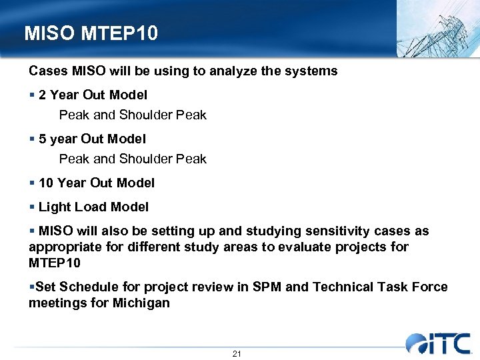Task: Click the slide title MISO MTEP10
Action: [x=91, y=33]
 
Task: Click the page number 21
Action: [x=237, y=354]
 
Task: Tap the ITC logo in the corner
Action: [x=439, y=343]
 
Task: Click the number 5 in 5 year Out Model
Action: [x=43, y=139]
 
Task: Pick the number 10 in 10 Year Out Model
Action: [x=47, y=183]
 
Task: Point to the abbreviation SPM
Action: [x=269, y=287]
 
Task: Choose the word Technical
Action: [x=345, y=287]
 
